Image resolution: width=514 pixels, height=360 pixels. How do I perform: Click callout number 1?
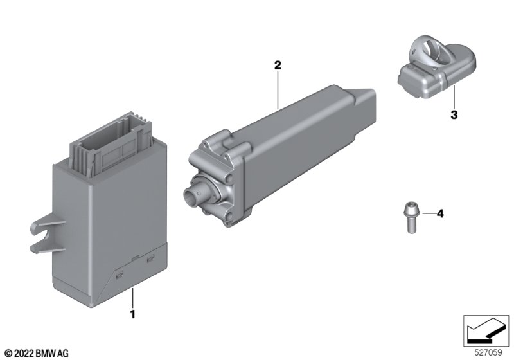[132, 314]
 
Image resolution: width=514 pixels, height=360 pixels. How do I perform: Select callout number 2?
[278, 65]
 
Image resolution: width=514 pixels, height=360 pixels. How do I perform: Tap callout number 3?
[454, 115]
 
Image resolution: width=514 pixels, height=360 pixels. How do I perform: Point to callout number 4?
[440, 214]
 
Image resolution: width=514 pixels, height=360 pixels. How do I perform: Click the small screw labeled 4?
[409, 218]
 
